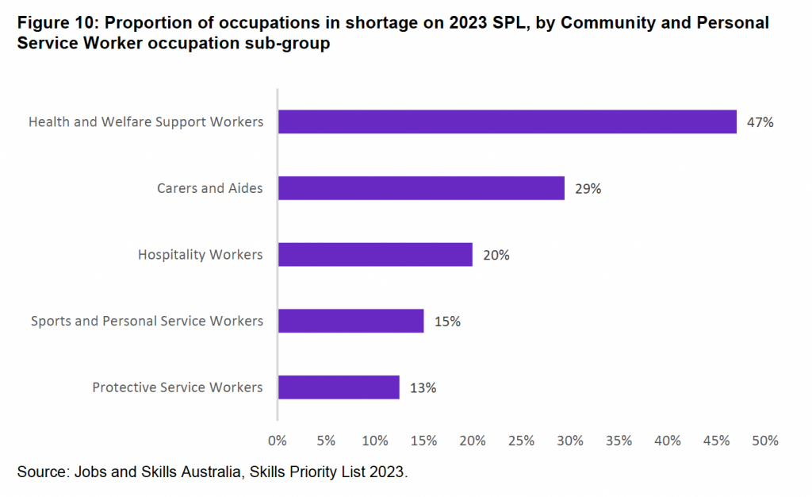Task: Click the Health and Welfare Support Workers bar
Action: coord(507,122)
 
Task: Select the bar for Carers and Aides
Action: coord(421,189)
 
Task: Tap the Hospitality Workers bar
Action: coord(375,255)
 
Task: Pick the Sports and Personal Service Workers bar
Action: coord(350,322)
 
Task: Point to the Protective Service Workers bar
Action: coord(339,387)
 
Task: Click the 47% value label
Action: coord(759,123)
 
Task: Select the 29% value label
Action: coord(588,189)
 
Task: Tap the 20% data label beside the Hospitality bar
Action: coord(496,256)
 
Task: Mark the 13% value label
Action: coord(423,388)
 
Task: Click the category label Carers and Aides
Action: coord(209,189)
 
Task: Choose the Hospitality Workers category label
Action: coord(200,255)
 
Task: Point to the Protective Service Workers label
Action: coord(177,387)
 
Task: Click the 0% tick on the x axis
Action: coord(278,440)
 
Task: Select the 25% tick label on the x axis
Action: coord(522,440)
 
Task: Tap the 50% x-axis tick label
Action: coord(766,440)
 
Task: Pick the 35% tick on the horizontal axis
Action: coord(619,440)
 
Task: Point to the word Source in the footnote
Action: coord(41,472)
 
